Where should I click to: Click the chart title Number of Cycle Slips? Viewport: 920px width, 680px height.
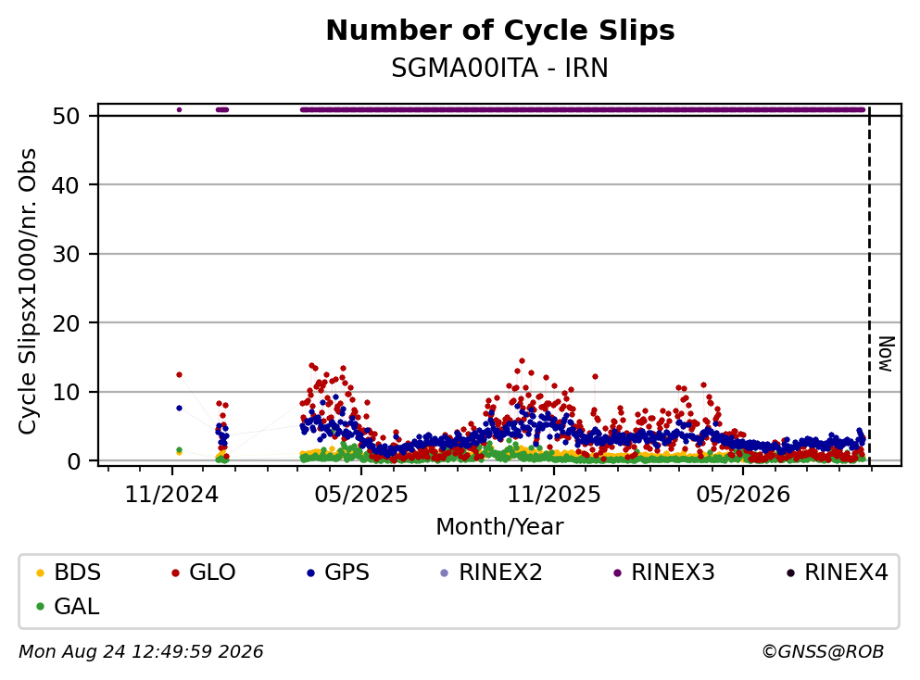click(500, 31)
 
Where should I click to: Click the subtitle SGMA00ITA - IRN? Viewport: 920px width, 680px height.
click(500, 69)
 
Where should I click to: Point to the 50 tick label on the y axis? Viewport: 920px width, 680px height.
click(67, 116)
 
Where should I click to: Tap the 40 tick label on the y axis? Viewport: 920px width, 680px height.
click(67, 185)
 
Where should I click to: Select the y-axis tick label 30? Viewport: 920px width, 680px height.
click(67, 254)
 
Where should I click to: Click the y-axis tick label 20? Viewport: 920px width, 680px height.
click(67, 323)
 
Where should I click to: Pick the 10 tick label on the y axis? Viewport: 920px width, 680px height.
click(67, 393)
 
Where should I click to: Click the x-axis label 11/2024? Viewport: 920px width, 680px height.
click(171, 495)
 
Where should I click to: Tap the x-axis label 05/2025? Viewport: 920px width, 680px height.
click(361, 495)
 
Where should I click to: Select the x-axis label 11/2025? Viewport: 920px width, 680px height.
click(554, 495)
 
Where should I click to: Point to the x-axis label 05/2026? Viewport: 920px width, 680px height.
click(743, 495)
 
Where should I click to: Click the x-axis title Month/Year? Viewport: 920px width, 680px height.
click(500, 527)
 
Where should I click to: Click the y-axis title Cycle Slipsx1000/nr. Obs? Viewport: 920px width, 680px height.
click(28, 292)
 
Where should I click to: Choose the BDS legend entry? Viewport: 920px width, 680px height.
click(69, 572)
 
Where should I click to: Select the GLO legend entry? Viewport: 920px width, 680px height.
click(204, 572)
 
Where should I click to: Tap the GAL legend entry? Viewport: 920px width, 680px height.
click(68, 607)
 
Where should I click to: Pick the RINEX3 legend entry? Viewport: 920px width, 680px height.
click(664, 572)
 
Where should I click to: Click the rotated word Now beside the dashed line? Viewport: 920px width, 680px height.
click(886, 354)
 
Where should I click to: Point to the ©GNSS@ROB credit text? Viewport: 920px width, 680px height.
click(823, 652)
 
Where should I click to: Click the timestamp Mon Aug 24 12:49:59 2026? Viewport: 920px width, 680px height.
click(142, 652)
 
